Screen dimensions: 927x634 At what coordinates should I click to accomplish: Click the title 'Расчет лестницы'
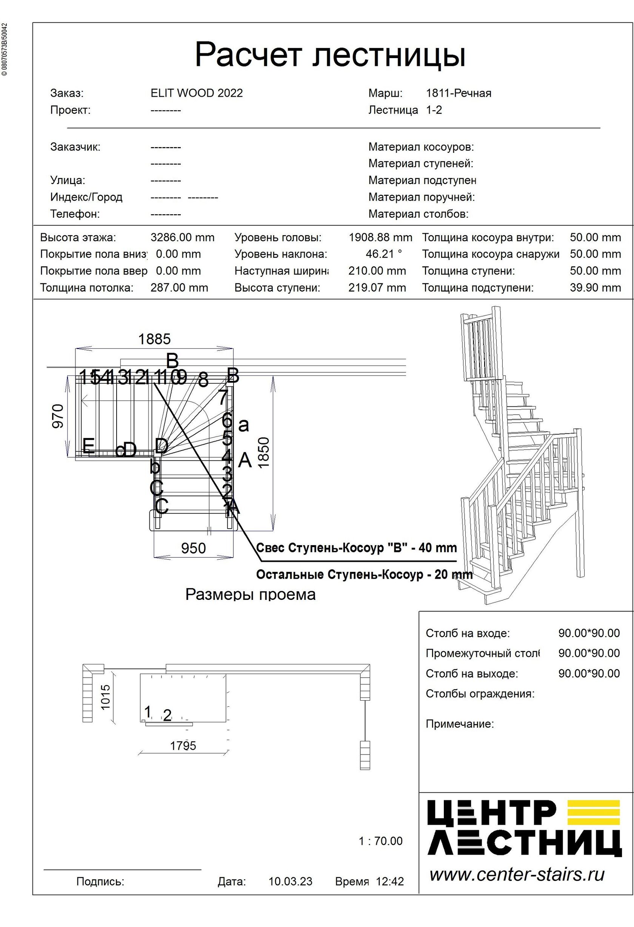coord(330,55)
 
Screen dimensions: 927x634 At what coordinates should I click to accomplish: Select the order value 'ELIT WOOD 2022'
coord(197,93)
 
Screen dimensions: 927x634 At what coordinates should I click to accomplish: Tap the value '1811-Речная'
coord(459,93)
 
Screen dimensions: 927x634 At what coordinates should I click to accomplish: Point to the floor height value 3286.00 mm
coord(182,237)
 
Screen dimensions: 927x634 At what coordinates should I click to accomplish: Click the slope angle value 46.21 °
coord(383,254)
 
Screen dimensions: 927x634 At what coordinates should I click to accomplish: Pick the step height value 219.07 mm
coord(377,287)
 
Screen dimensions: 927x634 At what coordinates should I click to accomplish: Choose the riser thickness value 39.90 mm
coord(595,287)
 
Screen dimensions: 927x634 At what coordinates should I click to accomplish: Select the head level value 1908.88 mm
coord(380,237)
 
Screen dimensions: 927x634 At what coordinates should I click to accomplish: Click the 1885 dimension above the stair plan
coord(154,339)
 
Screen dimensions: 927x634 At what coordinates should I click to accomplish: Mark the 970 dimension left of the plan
coord(58,416)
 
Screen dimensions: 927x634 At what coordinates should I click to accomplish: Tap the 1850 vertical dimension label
coord(264,452)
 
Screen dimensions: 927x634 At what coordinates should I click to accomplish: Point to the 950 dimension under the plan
coord(194,548)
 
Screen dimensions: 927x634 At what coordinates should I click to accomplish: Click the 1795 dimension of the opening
coord(183,746)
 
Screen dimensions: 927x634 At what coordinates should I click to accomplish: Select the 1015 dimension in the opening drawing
coord(105,697)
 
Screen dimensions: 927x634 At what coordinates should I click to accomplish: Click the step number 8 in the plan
coord(203,380)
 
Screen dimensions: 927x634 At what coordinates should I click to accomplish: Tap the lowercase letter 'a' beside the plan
coord(243,425)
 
